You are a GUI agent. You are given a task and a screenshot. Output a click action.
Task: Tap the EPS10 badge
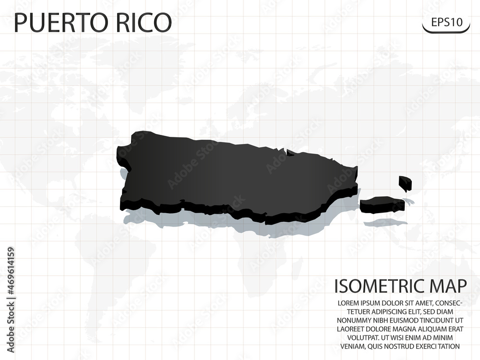pyautogui.click(x=446, y=22)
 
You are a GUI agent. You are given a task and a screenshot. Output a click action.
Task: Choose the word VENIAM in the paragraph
pyautogui.click(x=352, y=346)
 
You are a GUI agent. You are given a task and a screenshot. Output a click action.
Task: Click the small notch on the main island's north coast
pyautogui.click(x=290, y=153)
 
